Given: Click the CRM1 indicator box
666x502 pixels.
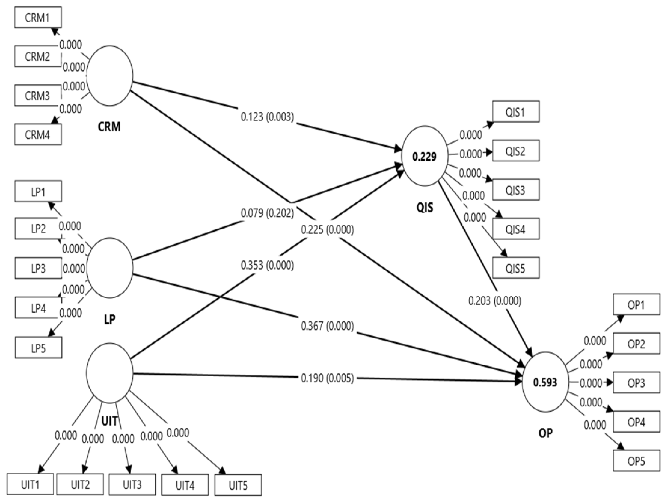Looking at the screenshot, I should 38,18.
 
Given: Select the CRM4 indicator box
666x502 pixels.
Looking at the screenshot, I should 38,135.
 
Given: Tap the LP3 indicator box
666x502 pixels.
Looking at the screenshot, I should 38,268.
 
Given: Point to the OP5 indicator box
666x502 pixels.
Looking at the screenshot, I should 636,461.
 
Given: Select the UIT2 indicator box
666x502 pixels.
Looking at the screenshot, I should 80,484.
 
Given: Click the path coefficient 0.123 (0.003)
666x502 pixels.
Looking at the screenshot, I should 267,116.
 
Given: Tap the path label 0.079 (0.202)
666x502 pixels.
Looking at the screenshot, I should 267,213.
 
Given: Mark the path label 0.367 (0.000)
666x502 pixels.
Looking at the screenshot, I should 327,326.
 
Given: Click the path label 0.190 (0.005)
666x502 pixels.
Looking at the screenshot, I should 327,378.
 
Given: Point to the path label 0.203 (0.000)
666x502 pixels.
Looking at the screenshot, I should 495,301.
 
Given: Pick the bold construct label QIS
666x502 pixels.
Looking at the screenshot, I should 425,207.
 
